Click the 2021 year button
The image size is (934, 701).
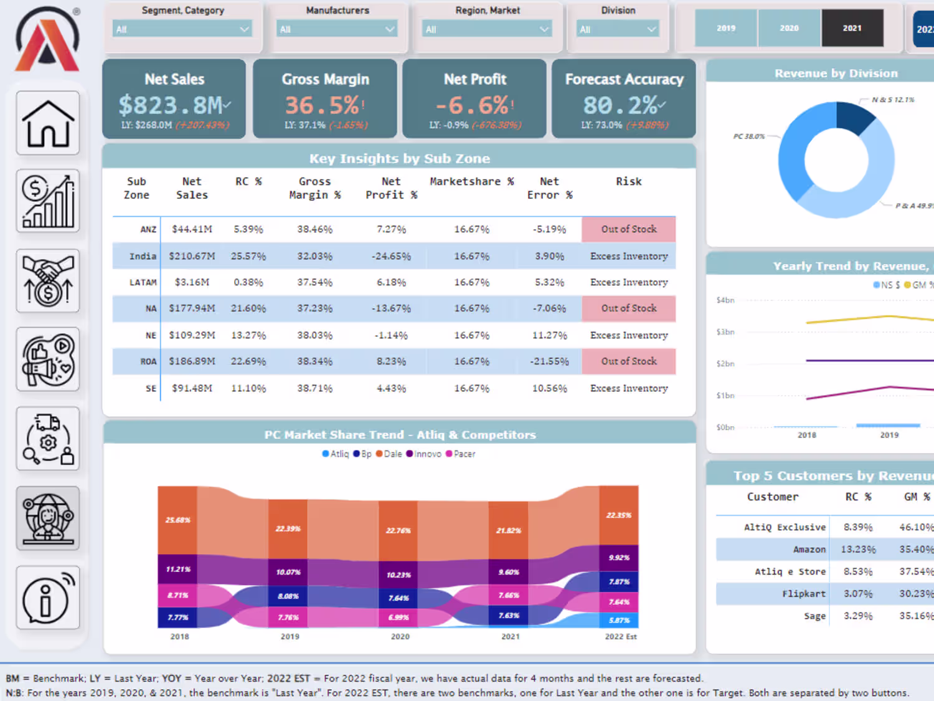pos(852,28)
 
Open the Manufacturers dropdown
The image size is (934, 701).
pos(337,29)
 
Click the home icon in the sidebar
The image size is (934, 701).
pos(48,123)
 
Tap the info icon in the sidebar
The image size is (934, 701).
pos(48,598)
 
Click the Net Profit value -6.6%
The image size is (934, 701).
pos(471,105)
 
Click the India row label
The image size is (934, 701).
pos(143,256)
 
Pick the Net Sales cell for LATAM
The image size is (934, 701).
pos(192,282)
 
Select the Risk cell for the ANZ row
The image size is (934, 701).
pos(628,229)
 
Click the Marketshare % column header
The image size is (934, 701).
pos(471,181)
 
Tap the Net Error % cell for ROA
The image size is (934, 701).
pos(549,361)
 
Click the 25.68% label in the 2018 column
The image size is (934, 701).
pos(178,520)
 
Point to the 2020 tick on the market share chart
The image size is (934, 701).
pos(400,636)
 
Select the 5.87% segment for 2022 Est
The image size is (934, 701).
pos(619,620)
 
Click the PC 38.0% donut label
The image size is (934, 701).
pos(748,136)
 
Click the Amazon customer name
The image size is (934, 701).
pos(809,550)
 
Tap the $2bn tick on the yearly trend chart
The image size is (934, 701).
pos(725,363)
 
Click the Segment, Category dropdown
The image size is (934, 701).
pos(182,29)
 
